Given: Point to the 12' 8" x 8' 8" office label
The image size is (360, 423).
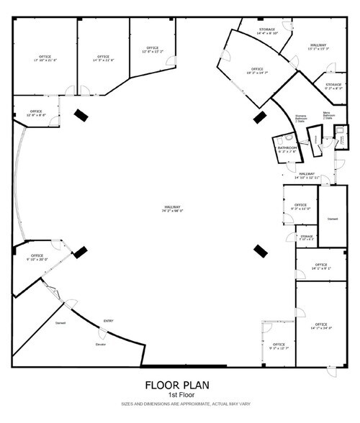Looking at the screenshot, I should coord(36,114).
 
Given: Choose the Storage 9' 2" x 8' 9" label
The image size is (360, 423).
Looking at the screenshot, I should coord(333,86).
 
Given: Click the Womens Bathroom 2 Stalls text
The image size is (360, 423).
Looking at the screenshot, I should coord(301,119).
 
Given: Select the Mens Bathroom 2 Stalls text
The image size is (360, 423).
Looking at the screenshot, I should coord(328,115).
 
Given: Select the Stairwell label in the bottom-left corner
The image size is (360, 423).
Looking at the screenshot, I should coord(60,323).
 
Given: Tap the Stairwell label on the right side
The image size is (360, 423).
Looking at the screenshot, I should coord(333,219).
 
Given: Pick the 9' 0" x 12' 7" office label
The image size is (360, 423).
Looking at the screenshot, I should coord(279,346).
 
